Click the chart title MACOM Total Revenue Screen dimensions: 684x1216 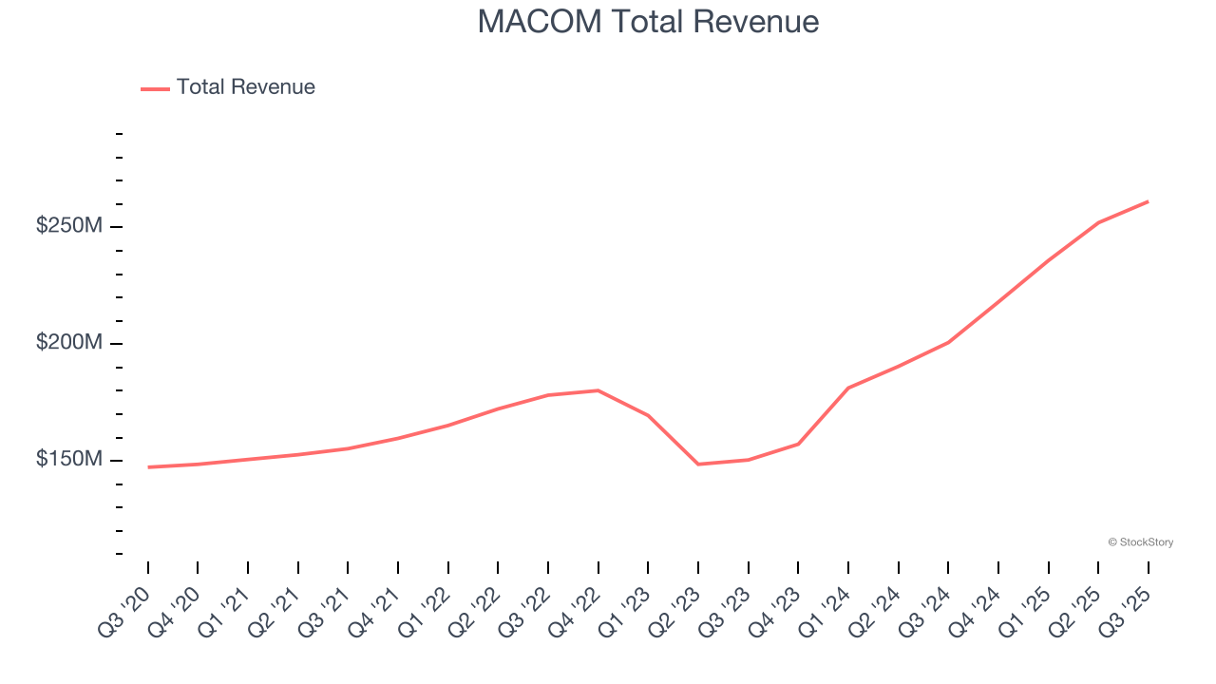(x=648, y=22)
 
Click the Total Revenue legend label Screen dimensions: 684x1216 (x=245, y=87)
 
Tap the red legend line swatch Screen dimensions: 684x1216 (x=155, y=88)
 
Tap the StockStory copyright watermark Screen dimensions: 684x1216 (x=1140, y=542)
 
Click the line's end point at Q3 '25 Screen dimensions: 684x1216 (x=1148, y=201)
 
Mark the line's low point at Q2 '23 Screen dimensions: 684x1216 (x=698, y=464)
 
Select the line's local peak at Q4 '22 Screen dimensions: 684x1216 (x=598, y=390)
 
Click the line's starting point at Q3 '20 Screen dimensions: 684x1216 (x=148, y=467)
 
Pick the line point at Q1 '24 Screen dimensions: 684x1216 (x=847, y=388)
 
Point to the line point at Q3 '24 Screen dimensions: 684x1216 (x=948, y=342)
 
